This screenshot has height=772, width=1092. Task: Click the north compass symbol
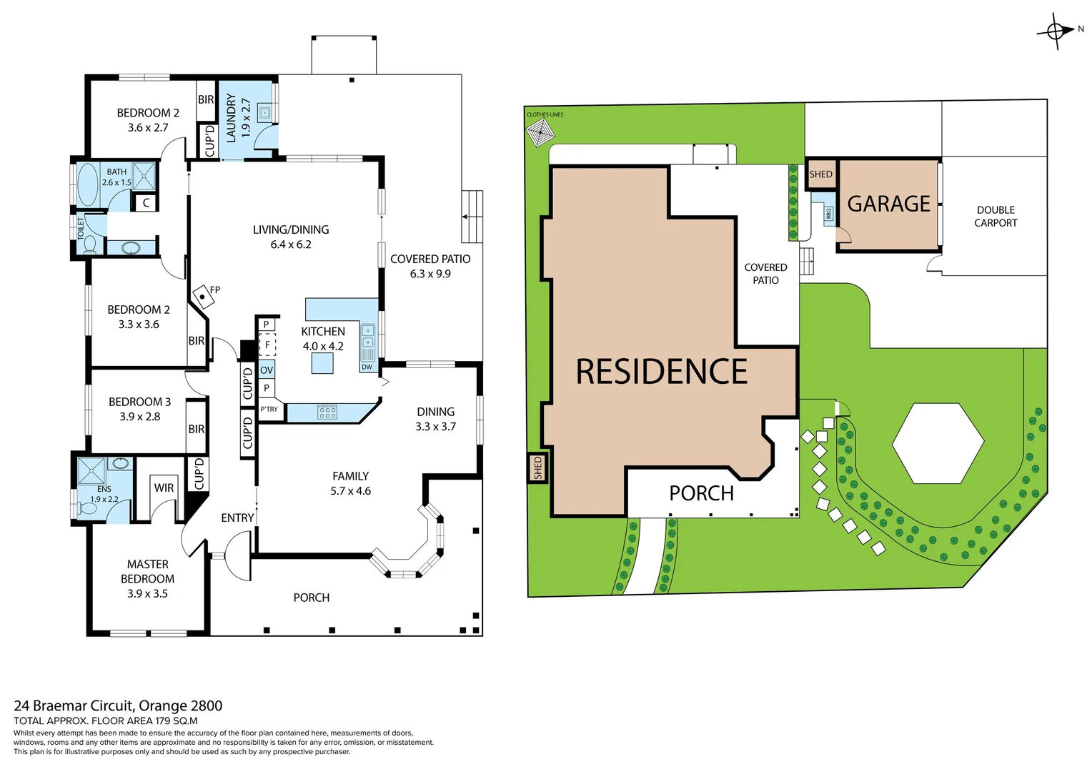point(1056,31)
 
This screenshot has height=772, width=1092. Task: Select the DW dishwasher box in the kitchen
point(367,367)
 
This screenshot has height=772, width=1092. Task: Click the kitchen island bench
point(322,363)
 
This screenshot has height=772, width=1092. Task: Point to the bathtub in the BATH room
point(89,184)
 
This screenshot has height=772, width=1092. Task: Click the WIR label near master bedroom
point(164,488)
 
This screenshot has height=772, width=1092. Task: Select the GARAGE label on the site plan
point(888,204)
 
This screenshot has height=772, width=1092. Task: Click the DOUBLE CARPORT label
point(995,216)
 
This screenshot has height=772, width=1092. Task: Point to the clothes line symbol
point(540,133)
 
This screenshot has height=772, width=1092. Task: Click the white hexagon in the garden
point(938,443)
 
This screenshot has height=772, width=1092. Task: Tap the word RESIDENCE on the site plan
point(661,372)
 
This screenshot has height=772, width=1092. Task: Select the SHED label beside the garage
point(820,174)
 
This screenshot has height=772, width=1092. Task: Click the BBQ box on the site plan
point(828,214)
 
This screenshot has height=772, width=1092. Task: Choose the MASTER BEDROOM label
point(147,578)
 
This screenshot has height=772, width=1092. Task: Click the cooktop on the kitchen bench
point(327,412)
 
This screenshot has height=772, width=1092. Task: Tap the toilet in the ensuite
point(88,508)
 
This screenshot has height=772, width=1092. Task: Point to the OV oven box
point(267,370)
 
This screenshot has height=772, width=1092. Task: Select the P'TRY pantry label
point(269,410)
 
